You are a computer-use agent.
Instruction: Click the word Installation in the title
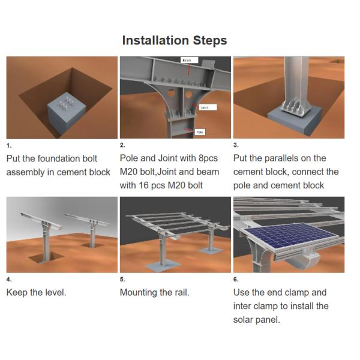(155, 40)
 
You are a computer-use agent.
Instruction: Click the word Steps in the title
(210, 41)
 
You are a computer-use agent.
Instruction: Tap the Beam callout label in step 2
(189, 60)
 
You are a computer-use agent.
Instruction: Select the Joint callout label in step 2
(208, 107)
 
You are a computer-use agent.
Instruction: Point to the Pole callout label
(200, 132)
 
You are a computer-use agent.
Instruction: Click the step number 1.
(9, 146)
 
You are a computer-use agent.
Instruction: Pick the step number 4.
(9, 280)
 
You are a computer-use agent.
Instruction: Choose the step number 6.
(236, 280)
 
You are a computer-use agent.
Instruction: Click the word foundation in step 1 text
(55, 158)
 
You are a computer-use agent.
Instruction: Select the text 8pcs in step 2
(208, 158)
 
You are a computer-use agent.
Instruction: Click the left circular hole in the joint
(171, 94)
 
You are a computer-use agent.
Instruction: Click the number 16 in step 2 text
(144, 186)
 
